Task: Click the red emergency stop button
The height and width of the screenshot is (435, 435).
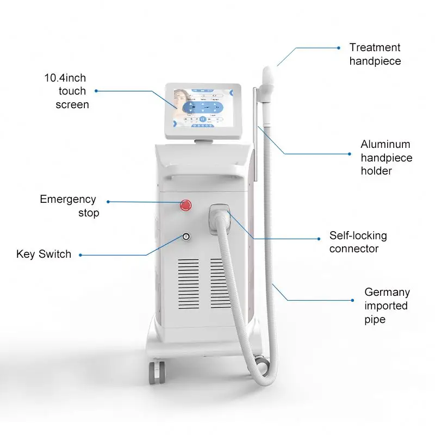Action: point(186,204)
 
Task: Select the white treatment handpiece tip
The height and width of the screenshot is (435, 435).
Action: point(269,76)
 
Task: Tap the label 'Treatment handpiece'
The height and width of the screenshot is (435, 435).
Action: point(375,54)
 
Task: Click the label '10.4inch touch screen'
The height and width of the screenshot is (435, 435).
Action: point(68,91)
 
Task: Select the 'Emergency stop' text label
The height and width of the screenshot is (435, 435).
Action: point(68,206)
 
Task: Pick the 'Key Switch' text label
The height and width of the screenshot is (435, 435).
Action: point(43,254)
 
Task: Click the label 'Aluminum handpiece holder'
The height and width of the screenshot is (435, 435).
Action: point(387,158)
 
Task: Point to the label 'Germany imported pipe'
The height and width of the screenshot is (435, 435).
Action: point(387,306)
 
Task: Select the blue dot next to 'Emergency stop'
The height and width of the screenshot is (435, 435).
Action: point(108,202)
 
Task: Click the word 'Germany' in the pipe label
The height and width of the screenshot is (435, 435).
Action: point(387,292)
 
